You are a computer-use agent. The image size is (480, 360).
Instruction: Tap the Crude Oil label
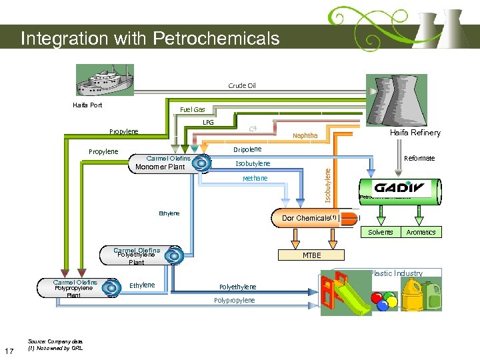click(x=241, y=85)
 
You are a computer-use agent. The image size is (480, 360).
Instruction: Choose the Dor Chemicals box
click(x=310, y=218)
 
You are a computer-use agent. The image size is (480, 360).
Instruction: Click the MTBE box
click(x=311, y=255)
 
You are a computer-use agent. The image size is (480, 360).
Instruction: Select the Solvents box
click(x=381, y=232)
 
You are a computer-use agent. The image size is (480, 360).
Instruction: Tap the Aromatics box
click(x=421, y=232)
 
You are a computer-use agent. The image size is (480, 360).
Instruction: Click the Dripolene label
click(x=247, y=149)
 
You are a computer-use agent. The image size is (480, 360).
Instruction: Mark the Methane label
click(x=255, y=178)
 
